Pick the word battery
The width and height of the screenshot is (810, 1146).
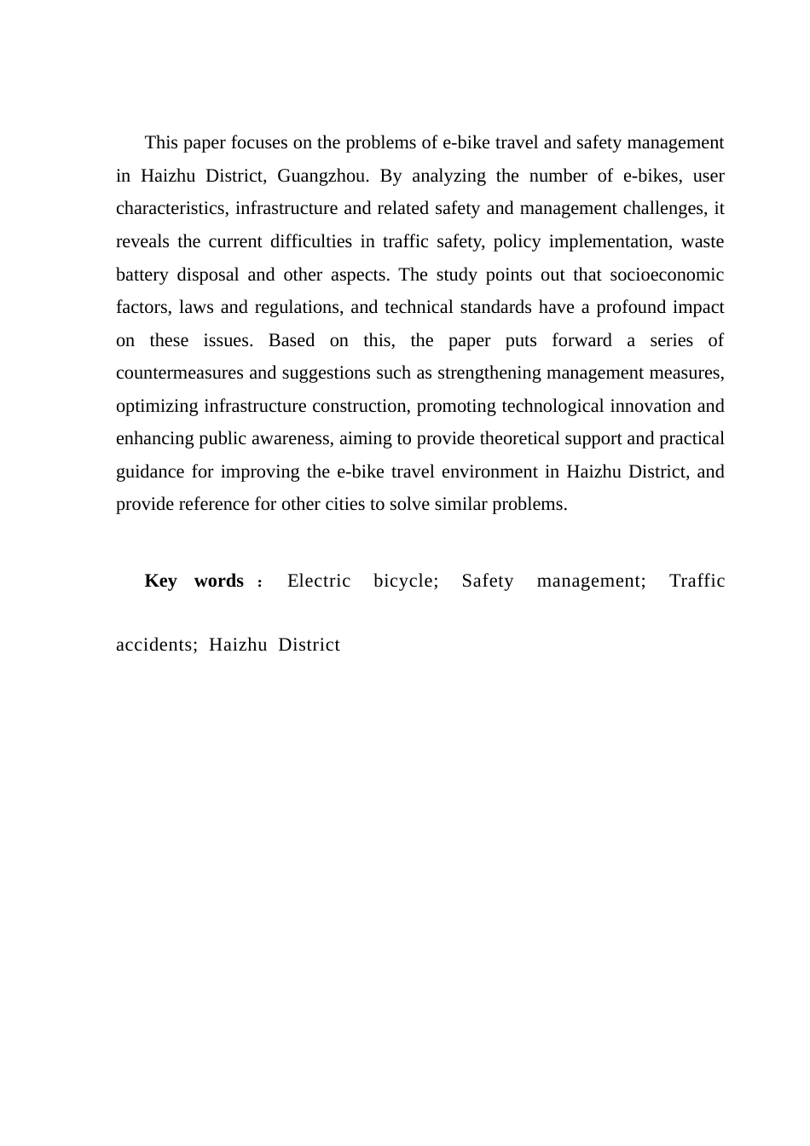[x=141, y=275]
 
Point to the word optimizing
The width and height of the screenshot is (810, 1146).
[x=158, y=407]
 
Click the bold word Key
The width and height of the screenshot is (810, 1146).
[x=160, y=582]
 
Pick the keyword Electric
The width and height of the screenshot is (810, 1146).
[x=319, y=582]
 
